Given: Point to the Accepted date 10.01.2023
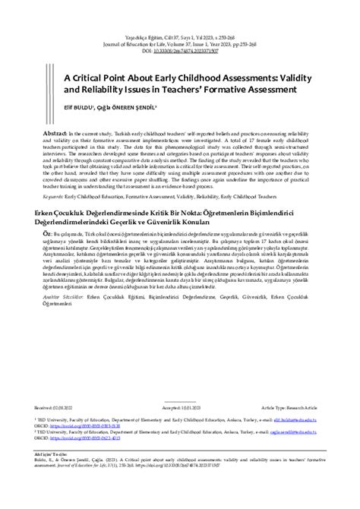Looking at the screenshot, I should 180,407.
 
